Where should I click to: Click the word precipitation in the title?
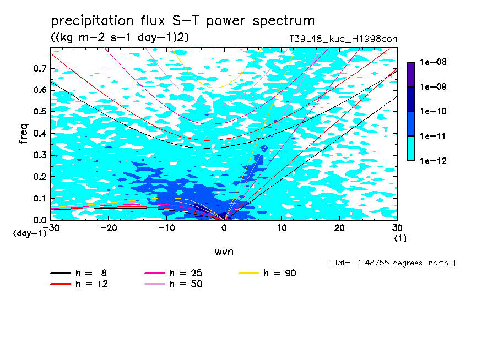pos(92,21)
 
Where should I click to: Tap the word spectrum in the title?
pos(284,21)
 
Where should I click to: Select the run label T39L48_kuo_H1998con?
pos(343,39)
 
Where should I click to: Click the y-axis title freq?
pos(24,134)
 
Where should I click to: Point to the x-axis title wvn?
pos(224,252)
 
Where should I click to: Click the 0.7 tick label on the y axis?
pos(40,68)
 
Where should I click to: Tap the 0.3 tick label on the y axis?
pos(40,155)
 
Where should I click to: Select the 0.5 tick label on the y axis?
pos(40,112)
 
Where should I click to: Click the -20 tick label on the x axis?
pos(109,228)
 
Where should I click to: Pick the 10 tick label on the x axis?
pos(282,228)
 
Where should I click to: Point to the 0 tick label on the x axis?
pos(224,228)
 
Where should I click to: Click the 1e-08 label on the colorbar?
pos(433,62)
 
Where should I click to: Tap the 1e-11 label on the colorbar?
pos(433,137)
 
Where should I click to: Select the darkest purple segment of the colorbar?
pos(411,75)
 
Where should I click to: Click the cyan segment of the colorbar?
pos(411,149)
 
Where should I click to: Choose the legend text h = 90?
pos(280,273)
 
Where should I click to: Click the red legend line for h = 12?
pos(61,284)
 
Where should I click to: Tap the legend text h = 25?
pos(186,273)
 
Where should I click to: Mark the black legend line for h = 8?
pos(61,273)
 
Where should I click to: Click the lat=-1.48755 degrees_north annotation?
pos(392,263)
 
